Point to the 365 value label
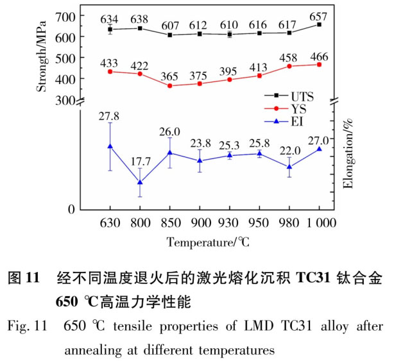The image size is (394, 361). click(x=169, y=76)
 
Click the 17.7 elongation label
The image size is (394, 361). click(x=140, y=161)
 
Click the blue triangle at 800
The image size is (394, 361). click(x=140, y=183)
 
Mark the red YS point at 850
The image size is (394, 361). click(x=169, y=85)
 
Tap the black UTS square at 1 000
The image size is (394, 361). click(x=319, y=24)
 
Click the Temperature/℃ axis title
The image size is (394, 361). click(x=208, y=242)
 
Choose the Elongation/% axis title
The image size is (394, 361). click(x=352, y=158)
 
